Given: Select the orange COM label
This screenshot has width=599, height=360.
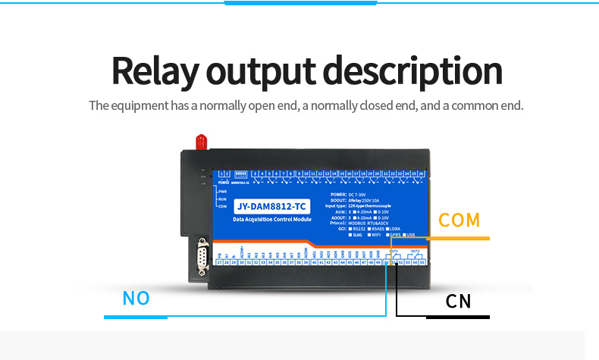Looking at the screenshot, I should (459, 221).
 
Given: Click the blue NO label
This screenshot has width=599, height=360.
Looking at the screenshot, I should (136, 299).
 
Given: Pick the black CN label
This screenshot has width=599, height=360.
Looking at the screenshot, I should (459, 302).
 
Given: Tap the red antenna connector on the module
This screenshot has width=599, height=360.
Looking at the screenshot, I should (202, 142).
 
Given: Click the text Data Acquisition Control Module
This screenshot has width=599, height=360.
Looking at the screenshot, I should (271, 218).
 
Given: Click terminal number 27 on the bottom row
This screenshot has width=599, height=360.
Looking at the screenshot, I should (220, 262).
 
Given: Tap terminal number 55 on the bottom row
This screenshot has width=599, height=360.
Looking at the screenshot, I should (422, 262).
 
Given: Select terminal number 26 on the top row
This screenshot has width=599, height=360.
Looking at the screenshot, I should (422, 174).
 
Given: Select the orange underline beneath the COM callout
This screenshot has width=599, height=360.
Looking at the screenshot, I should (459, 239).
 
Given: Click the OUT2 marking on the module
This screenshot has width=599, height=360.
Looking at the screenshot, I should (415, 251).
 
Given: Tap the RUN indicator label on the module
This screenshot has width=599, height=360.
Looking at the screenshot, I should (222, 199).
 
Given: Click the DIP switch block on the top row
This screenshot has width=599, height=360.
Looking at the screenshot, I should (241, 174).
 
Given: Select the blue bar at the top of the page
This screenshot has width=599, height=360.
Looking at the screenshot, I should (301, 2).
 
